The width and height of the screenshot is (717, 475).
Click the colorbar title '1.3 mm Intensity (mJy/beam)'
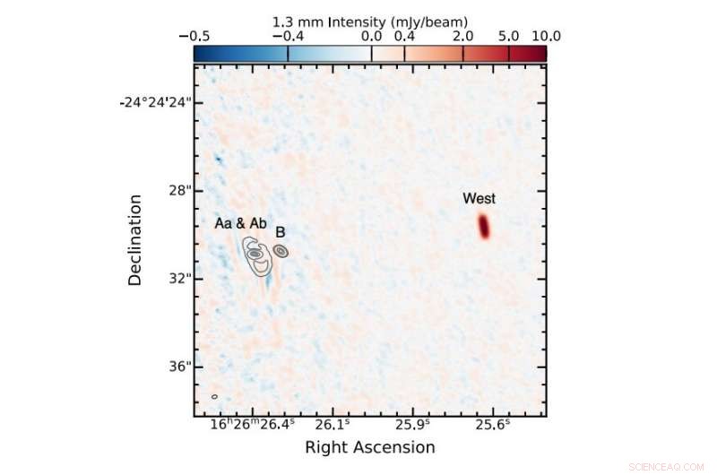pos(370,21)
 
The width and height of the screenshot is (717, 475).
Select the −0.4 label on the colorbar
pos(288,36)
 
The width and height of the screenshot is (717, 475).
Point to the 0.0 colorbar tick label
pos(372,36)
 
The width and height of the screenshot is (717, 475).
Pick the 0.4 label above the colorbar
pos(405,36)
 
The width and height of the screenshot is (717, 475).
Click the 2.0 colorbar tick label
pos(463,36)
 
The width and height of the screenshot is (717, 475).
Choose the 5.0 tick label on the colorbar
pos(508,36)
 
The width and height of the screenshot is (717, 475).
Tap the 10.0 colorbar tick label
pos(545,36)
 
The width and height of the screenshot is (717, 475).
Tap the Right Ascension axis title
pos(370,447)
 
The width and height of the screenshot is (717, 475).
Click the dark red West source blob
pos(484,227)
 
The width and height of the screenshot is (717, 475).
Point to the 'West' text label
pos(479,198)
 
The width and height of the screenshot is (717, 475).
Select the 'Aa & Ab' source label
pos(240,222)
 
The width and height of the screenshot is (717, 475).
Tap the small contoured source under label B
pos(281,252)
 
